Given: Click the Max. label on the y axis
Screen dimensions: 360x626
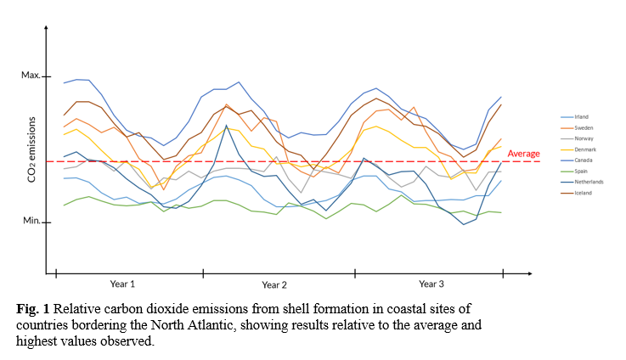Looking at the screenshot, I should click(x=31, y=76).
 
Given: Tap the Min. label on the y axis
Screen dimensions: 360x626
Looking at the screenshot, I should click(x=31, y=221).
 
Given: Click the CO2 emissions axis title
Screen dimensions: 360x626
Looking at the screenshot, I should click(x=31, y=149).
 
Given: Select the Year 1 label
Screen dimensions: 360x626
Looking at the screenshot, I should click(x=122, y=283).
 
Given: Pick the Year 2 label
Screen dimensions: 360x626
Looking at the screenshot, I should click(x=274, y=284).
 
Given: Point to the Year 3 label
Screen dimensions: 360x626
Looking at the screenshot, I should click(x=431, y=283).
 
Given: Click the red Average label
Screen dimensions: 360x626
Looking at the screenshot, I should click(x=523, y=154).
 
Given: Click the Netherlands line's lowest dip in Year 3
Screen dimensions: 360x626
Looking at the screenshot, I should click(x=464, y=224).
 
